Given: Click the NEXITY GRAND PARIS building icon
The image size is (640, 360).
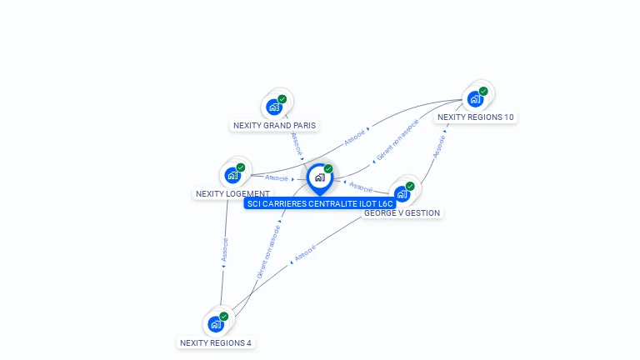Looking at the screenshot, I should pyautogui.click(x=274, y=107).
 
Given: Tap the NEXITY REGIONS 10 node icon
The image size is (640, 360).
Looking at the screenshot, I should pyautogui.click(x=475, y=99).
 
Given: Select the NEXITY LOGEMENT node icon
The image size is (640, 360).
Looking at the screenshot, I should pyautogui.click(x=232, y=175).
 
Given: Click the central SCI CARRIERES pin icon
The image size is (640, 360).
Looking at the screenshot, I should pyautogui.click(x=320, y=177).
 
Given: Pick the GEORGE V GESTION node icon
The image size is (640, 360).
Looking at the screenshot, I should pyautogui.click(x=402, y=194).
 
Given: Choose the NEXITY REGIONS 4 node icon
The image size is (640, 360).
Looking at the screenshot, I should pyautogui.click(x=216, y=324).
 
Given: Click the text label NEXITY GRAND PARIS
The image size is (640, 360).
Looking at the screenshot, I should pyautogui.click(x=275, y=126).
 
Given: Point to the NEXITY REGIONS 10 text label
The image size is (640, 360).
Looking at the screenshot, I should pyautogui.click(x=476, y=117).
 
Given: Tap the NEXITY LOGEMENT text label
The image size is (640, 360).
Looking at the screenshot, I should pyautogui.click(x=232, y=194).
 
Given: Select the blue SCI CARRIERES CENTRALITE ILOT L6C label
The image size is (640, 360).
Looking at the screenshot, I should pyautogui.click(x=320, y=203).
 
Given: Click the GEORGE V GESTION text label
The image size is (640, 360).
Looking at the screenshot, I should pyautogui.click(x=402, y=213).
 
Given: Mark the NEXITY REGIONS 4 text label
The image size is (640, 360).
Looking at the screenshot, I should pyautogui.click(x=216, y=342).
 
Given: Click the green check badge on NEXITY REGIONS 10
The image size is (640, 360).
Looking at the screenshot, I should pyautogui.click(x=483, y=91).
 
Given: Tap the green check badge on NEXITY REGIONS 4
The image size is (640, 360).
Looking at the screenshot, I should pyautogui.click(x=224, y=317).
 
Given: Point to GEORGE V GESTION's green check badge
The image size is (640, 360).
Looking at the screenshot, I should pyautogui.click(x=410, y=186).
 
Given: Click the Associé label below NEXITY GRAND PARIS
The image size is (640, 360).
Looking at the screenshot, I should pyautogui.click(x=297, y=143).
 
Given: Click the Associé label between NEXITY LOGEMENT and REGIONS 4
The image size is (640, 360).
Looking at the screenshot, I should pyautogui.click(x=224, y=250).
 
